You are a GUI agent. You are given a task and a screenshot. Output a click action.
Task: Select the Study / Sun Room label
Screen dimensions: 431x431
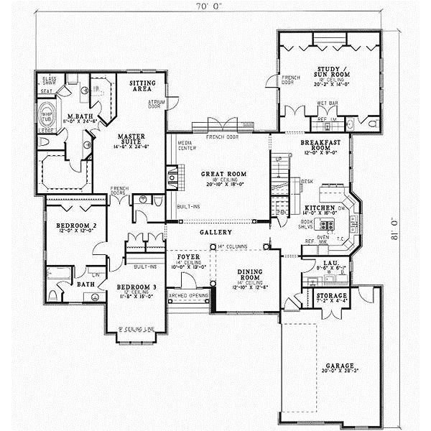[330, 73]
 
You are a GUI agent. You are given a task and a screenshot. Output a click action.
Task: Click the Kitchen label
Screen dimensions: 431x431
[319, 207]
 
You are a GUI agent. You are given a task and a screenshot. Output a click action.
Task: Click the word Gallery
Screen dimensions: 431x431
[217, 233]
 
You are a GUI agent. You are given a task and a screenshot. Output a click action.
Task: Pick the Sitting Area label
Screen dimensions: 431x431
[142, 87]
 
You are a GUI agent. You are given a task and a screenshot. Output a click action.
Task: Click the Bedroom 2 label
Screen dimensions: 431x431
[71, 225]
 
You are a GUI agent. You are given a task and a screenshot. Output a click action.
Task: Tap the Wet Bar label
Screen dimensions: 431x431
[328, 103]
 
